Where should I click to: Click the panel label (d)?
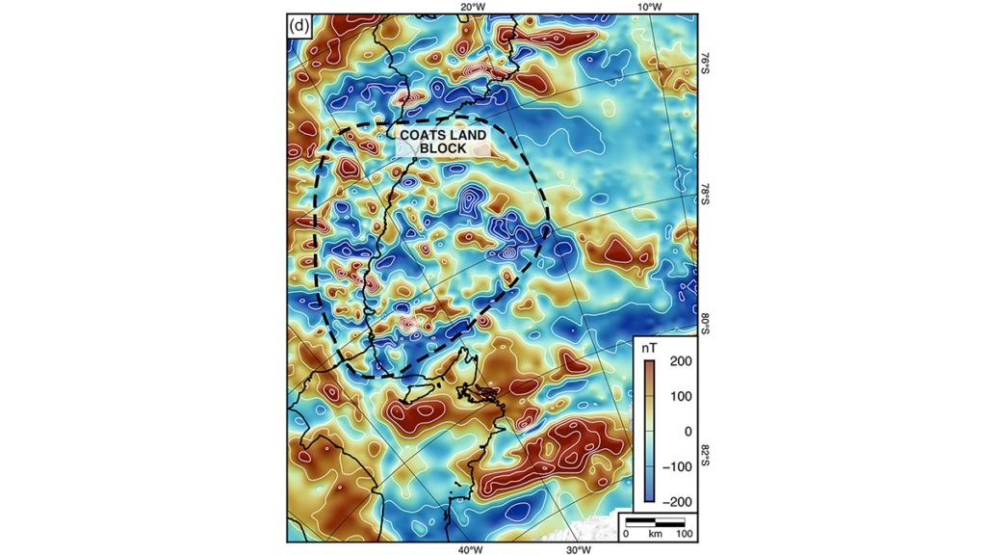[x=298, y=26]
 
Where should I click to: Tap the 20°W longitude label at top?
[x=472, y=8]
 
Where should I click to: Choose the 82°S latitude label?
[x=704, y=453]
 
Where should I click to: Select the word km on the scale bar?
[x=655, y=533]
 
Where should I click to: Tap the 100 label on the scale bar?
[x=684, y=533]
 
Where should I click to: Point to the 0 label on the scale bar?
[x=626, y=533]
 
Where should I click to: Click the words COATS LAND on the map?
[x=443, y=136]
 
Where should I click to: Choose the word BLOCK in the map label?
[x=443, y=149]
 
